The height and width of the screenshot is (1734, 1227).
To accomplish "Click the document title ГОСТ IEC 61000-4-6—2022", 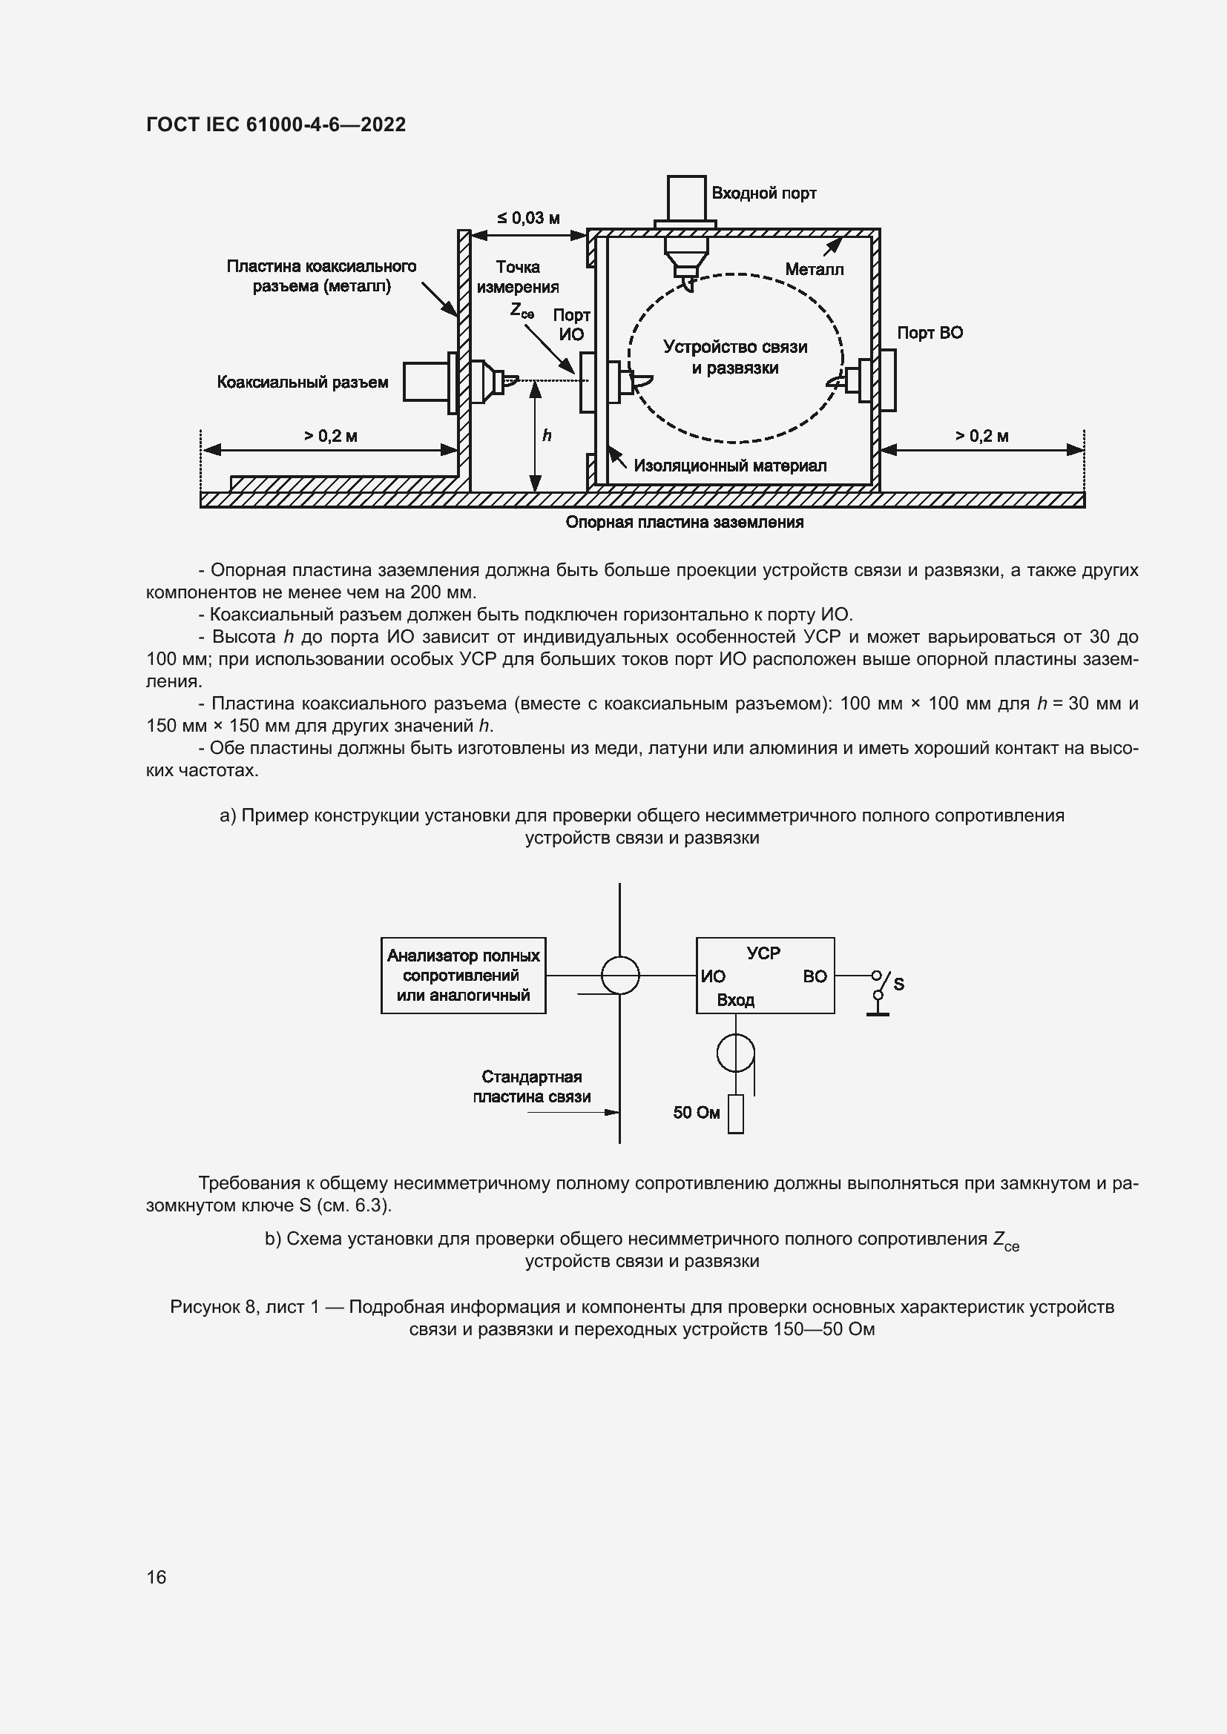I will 276,125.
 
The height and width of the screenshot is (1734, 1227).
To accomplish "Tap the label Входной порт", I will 763,193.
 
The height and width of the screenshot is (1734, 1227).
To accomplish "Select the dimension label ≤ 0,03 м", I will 528,218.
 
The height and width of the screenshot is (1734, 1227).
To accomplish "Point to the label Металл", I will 814,269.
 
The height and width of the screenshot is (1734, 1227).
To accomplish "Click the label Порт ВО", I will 930,333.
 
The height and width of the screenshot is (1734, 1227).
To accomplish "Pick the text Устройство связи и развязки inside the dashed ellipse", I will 735,357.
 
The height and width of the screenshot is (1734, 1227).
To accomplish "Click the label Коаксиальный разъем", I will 302,382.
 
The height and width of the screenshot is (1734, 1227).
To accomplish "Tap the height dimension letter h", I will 547,436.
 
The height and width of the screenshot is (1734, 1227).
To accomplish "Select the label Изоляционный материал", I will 730,466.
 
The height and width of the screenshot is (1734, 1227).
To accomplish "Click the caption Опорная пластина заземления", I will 685,522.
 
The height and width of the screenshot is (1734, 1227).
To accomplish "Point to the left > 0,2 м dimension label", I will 330,436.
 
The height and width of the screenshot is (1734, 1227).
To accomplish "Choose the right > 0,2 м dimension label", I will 981,436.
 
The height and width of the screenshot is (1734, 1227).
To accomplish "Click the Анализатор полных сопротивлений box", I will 463,975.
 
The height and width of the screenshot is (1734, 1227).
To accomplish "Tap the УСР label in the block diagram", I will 763,953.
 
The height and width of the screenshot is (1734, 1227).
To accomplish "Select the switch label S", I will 898,984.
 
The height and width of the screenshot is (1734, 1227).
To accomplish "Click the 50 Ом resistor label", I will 696,1113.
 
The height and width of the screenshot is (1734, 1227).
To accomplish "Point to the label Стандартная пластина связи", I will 531,1087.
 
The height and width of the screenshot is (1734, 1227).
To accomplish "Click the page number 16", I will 157,1577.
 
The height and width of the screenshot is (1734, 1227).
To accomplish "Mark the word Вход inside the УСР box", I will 735,1000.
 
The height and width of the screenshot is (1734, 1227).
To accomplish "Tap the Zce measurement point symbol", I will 522,310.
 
